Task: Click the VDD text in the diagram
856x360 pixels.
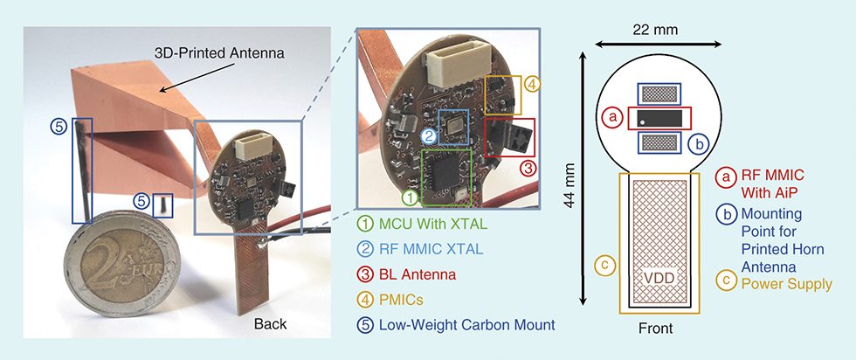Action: [659, 279]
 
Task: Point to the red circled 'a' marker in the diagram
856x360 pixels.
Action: [612, 115]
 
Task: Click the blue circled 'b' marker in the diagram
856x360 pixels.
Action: [697, 143]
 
